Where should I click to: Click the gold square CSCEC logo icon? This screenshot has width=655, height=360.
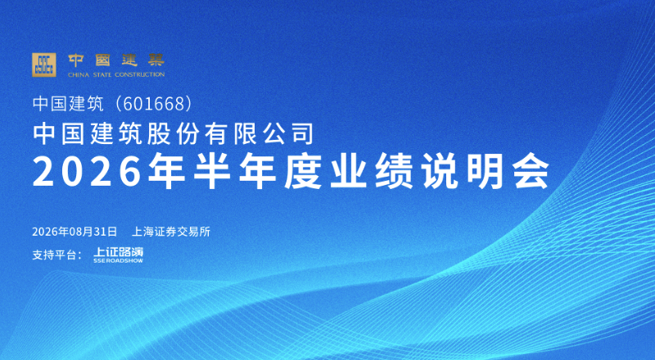(x=44, y=65)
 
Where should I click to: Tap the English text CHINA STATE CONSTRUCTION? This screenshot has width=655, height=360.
(x=116, y=74)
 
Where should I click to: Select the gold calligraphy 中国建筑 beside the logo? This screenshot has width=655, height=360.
(x=116, y=61)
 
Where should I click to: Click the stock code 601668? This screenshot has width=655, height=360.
(x=154, y=104)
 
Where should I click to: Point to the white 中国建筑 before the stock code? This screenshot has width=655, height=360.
(x=68, y=104)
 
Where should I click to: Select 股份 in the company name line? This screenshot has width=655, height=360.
(x=174, y=133)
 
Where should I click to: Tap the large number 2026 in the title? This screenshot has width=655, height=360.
(x=87, y=172)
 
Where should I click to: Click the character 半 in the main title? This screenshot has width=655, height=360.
(x=212, y=171)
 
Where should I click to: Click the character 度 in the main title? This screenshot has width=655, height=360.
(x=303, y=171)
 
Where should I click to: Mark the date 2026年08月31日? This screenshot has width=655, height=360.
(x=75, y=232)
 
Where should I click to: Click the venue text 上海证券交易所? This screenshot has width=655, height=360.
(x=171, y=232)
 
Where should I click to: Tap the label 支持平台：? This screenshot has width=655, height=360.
(x=56, y=254)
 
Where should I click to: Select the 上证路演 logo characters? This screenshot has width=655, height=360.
(x=118, y=252)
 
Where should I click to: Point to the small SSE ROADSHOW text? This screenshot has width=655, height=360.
(x=118, y=261)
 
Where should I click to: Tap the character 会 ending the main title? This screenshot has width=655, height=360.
(x=531, y=171)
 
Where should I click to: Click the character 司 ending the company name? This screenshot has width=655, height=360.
(x=303, y=133)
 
